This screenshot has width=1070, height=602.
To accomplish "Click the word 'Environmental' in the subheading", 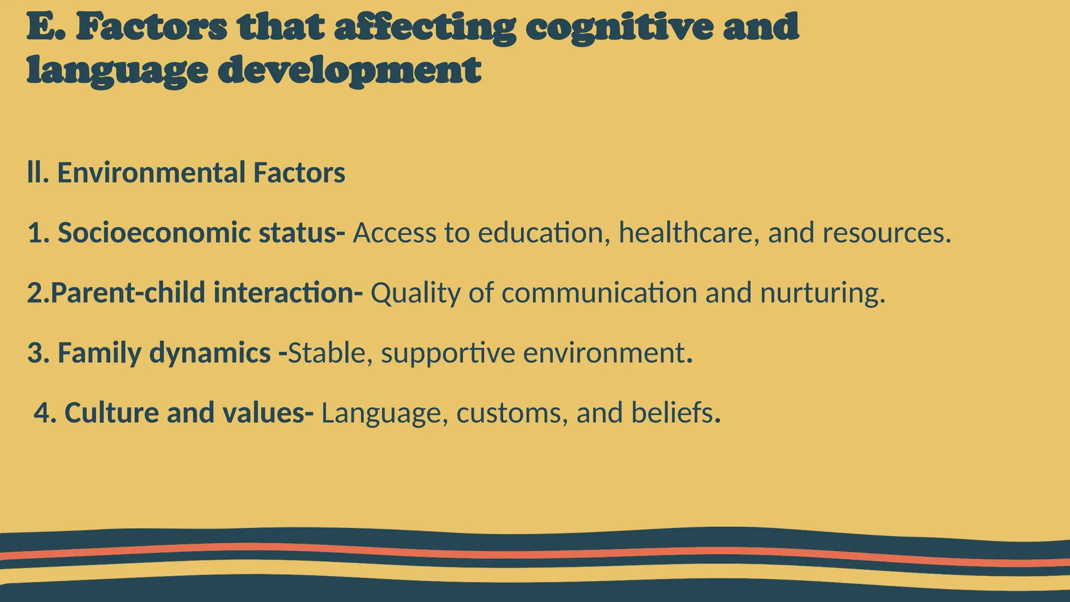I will (x=151, y=173).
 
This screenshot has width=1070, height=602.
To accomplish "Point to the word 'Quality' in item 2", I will (x=415, y=293).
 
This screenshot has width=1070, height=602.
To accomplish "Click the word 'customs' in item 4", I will (x=512, y=413).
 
